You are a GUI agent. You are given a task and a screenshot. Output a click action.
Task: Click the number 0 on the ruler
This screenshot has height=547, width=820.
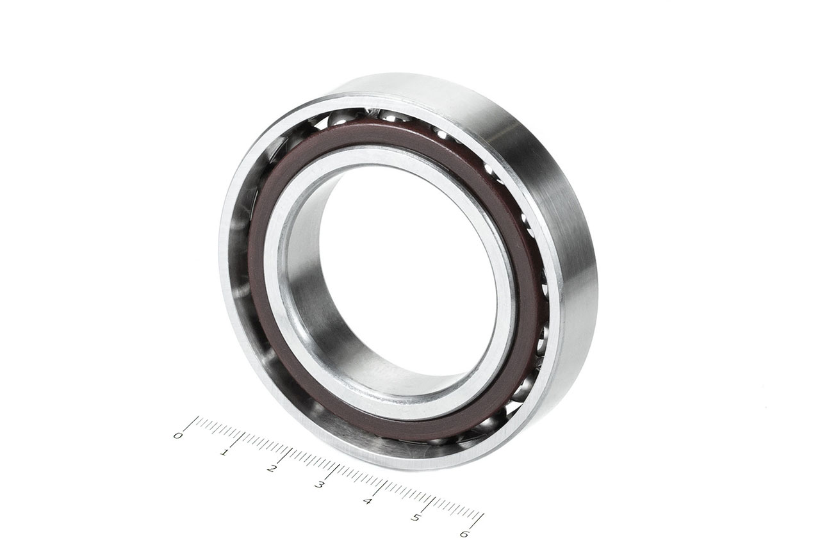pyautogui.click(x=178, y=436)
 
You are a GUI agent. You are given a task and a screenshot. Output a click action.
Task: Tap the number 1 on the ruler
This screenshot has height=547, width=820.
pyautogui.click(x=224, y=453)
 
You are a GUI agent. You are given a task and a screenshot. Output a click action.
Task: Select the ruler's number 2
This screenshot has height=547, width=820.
pyautogui.click(x=271, y=468)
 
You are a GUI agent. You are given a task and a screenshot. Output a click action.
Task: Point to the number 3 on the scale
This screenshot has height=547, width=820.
pyautogui.click(x=320, y=484)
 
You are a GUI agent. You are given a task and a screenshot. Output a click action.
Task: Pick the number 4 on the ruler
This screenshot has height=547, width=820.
pyautogui.click(x=368, y=501)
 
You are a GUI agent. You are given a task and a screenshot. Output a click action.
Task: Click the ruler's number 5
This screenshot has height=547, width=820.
pyautogui.click(x=416, y=518)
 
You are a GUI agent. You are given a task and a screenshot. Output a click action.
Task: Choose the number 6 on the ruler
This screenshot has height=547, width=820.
pyautogui.click(x=464, y=534)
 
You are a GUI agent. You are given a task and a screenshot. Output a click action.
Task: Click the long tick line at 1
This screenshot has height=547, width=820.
pyautogui.click(x=238, y=440)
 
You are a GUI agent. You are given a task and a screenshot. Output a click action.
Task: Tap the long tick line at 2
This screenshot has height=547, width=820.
pyautogui.click(x=285, y=456)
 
